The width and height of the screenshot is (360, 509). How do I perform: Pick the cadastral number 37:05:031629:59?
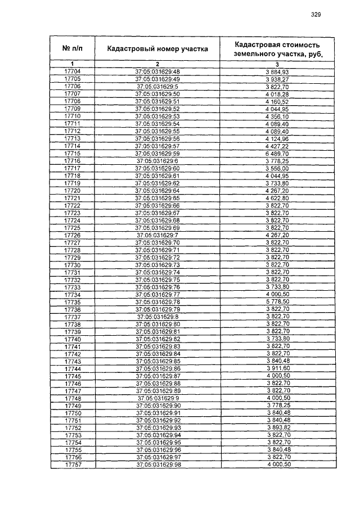(157, 154)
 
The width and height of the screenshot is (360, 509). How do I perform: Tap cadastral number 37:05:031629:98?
(157, 465)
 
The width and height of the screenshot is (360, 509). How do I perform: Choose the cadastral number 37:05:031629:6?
(157, 161)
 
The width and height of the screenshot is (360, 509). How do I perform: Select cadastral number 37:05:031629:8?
(157, 317)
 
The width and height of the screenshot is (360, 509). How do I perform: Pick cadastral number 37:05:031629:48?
(157, 71)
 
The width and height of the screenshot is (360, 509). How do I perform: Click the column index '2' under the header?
(157, 64)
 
